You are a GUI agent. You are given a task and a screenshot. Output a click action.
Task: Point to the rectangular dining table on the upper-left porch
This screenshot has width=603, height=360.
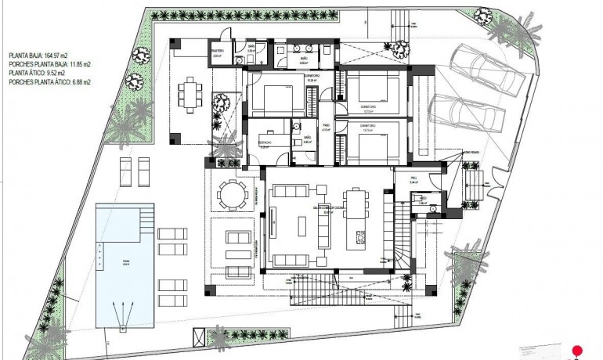tap(188, 96)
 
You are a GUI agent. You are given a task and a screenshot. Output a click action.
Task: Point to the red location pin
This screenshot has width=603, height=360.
tap(578, 350)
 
